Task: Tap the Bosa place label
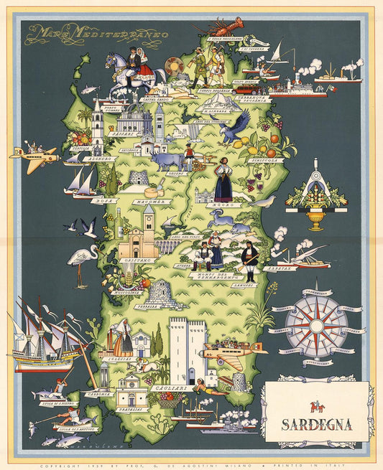click(x=104, y=201)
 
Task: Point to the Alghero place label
click(x=95, y=159)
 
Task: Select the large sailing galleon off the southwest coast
click(x=45, y=337)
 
